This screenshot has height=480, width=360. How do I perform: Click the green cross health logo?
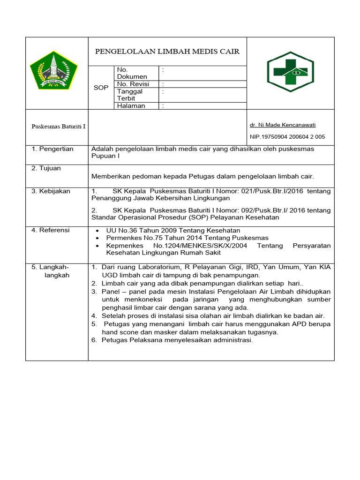coord(291,72)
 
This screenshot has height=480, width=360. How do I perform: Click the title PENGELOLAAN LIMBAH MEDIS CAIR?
coord(167,52)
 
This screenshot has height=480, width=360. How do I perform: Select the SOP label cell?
coord(101,88)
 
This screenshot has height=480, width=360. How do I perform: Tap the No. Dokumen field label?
coord(132,73)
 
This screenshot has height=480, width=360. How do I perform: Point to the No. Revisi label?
coord(133,84)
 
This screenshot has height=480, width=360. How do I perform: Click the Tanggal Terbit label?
coord(130,95)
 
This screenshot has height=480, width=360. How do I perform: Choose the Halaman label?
coord(131,106)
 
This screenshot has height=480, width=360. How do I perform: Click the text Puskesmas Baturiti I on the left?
coord(58,127)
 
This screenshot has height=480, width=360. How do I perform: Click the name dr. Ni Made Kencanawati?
coord(283,125)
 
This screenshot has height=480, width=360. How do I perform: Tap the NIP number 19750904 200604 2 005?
coord(287,137)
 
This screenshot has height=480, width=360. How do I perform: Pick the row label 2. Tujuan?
coord(46,168)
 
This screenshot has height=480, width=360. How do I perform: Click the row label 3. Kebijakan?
coord(51,191)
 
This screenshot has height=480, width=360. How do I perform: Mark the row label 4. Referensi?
coord(51,230)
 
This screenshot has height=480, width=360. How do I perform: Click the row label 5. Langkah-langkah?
coord(52,271)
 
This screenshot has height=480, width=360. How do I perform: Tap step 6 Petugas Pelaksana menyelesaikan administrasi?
coord(177,340)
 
